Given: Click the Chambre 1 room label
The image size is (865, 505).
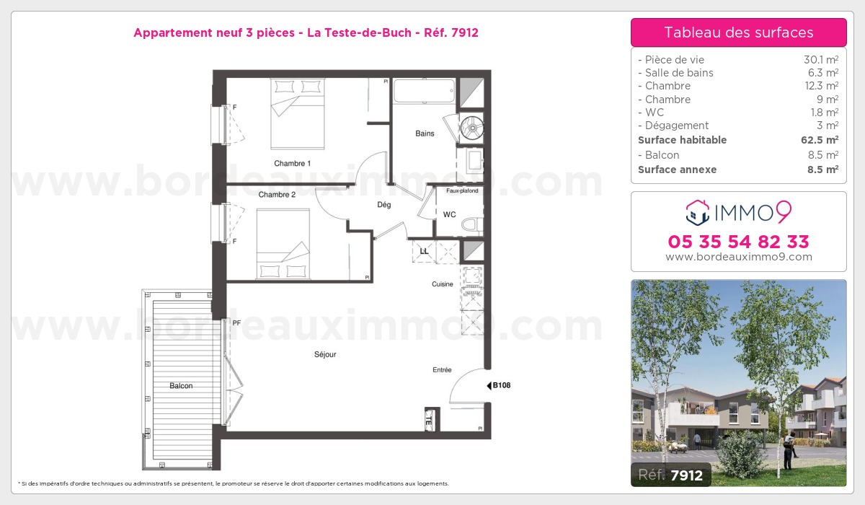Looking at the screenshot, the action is (292, 164).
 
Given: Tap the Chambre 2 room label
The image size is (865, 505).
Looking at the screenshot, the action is (277, 195).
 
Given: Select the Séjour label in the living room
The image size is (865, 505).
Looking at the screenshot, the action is (325, 354).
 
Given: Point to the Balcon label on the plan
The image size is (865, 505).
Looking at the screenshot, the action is (181, 386).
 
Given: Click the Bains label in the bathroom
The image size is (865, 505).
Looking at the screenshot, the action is (425, 133).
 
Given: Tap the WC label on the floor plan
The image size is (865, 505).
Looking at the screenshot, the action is (450, 214).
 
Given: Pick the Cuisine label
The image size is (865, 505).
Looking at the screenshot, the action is (442, 284).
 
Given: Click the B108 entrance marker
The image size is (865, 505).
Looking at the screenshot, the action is (499, 385).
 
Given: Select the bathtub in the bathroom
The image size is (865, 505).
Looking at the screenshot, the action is (424, 91).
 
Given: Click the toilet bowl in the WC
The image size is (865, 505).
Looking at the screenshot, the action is (472, 224).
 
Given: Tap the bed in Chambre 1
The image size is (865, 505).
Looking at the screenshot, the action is (297, 113).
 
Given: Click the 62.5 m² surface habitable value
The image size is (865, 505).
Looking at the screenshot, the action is (820, 140).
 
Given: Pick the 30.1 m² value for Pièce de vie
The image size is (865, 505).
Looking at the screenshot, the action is (821, 59).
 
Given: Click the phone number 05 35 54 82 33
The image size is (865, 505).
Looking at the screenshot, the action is (738, 242).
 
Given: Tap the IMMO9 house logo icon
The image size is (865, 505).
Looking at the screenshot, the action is (698, 213).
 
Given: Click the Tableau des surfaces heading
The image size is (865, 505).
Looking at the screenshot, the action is (739, 32).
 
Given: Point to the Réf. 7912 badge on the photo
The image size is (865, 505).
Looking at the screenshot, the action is (671, 475).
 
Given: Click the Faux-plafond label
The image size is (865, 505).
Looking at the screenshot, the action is (462, 190).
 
